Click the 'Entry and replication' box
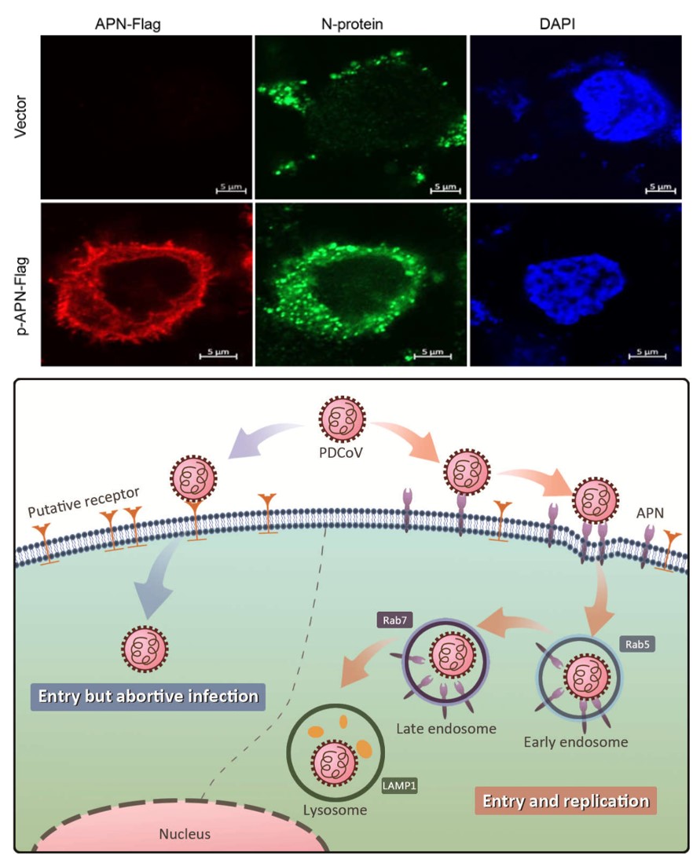tap(566, 802)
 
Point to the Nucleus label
tap(185, 834)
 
